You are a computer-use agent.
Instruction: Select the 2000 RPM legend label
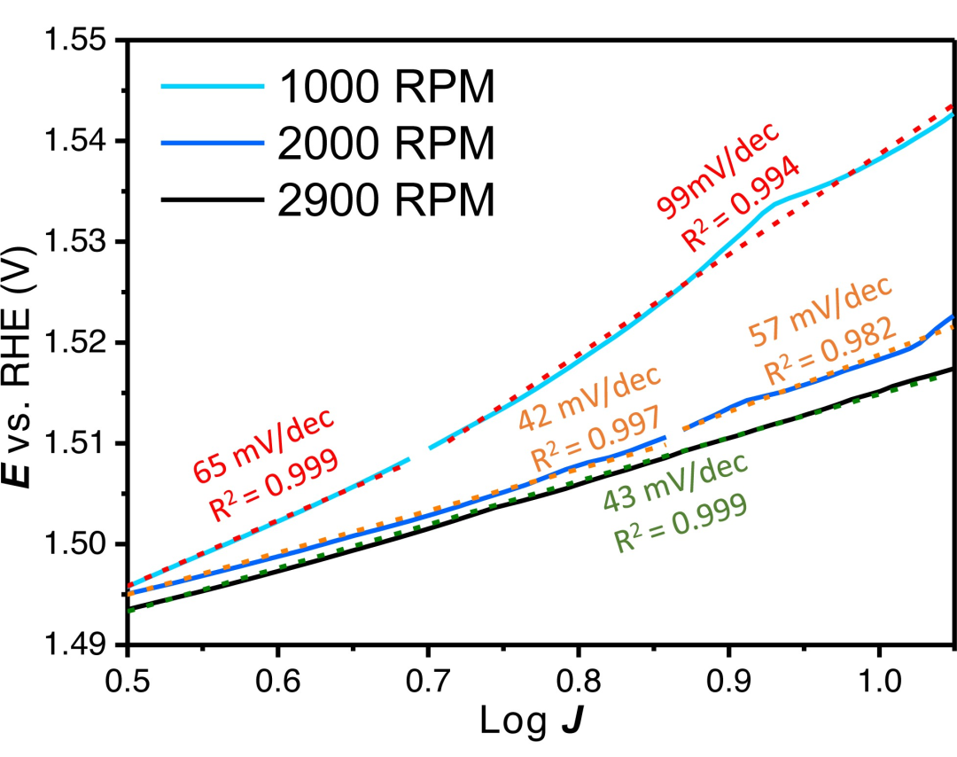385,144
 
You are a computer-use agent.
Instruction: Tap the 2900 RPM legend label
385,200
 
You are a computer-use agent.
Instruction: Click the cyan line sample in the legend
213,87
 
